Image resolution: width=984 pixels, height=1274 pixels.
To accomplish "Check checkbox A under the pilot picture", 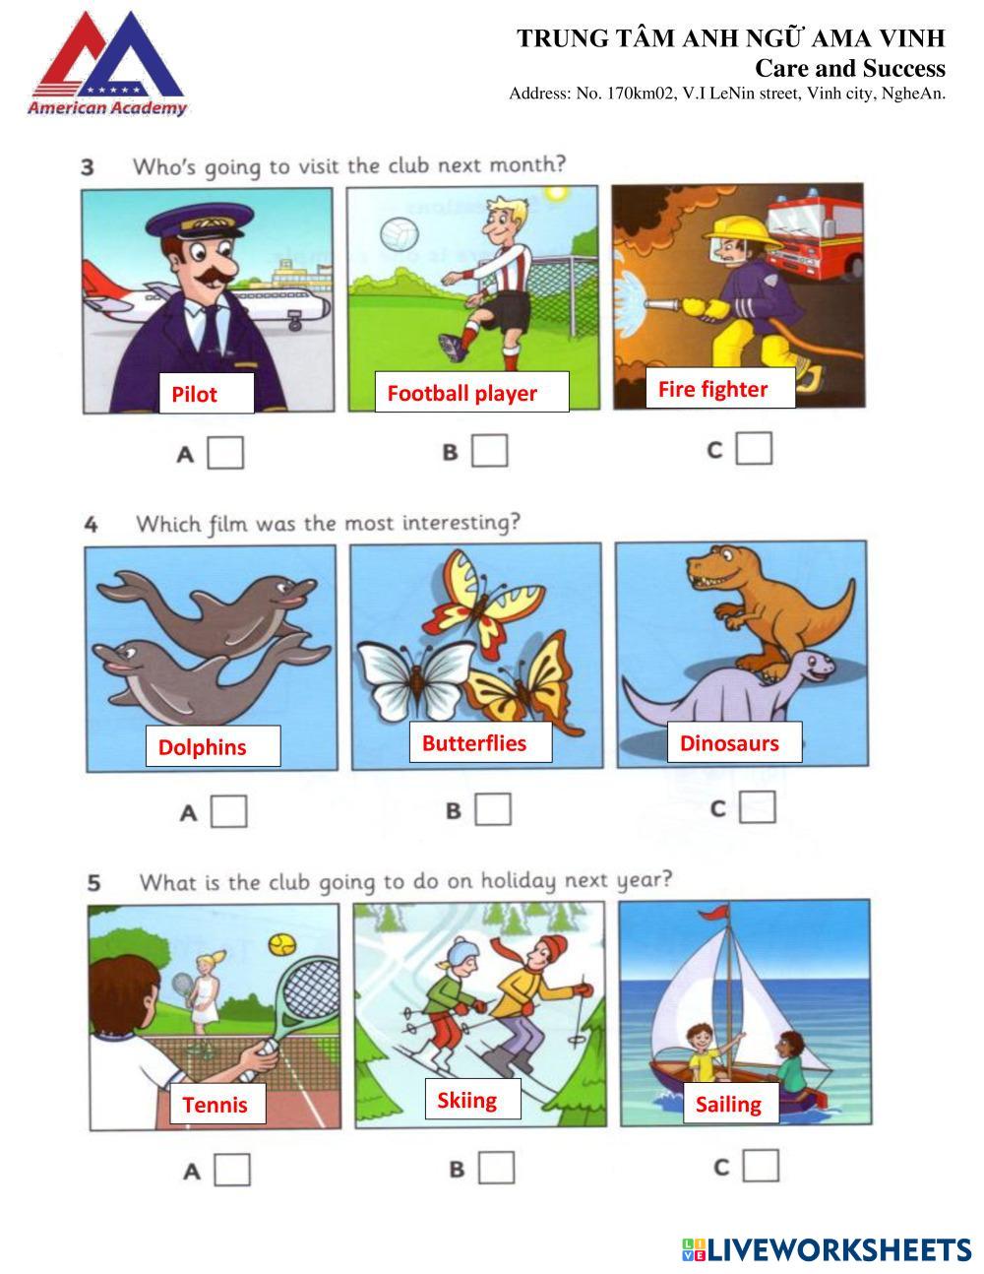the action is pyautogui.click(x=225, y=453).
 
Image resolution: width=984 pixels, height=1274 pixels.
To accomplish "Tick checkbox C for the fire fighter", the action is pyautogui.click(x=755, y=449).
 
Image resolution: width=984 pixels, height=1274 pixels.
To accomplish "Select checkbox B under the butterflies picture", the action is pyautogui.click(x=493, y=809).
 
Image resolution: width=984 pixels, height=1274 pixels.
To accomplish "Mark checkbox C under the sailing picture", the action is pyautogui.click(x=761, y=1165).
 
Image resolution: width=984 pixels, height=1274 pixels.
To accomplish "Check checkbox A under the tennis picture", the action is pyautogui.click(x=232, y=1170).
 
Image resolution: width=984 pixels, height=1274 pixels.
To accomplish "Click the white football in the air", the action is pyautogui.click(x=400, y=233).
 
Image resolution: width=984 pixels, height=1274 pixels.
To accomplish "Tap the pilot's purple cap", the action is pyautogui.click(x=199, y=221).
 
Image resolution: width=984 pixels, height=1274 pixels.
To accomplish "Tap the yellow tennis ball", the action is pyautogui.click(x=282, y=944).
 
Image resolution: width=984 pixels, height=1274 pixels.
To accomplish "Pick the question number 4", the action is pyautogui.click(x=91, y=524).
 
